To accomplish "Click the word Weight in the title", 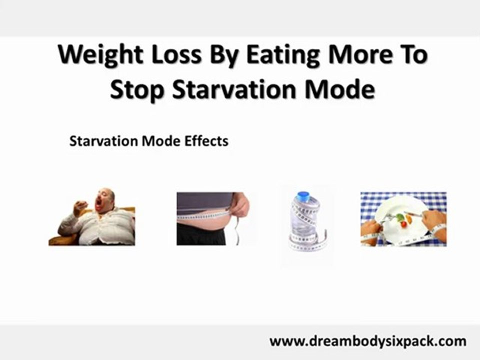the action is (100, 55).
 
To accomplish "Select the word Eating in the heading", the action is (283, 55).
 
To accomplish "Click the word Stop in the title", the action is (137, 90).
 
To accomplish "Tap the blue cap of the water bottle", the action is (303, 195).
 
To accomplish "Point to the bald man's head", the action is (105, 199).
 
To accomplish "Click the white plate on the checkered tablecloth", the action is (403, 219).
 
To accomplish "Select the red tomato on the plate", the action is (404, 224).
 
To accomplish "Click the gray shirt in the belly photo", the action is (204, 201).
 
